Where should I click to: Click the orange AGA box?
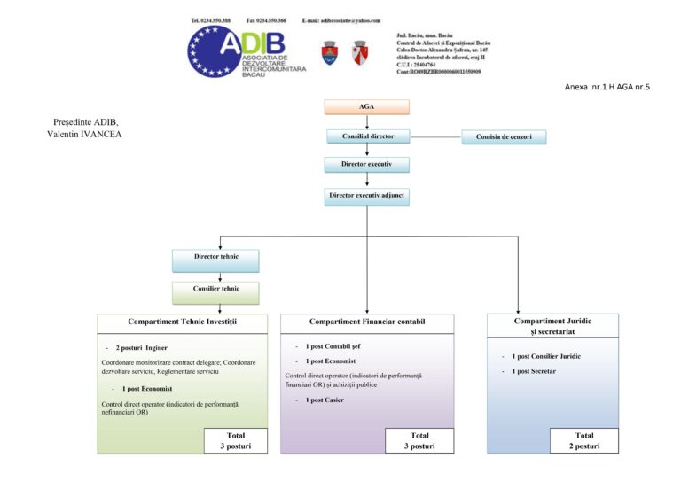tap(366, 106)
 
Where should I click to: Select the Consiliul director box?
tap(366, 136)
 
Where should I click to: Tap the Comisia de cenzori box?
tap(504, 136)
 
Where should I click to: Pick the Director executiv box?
tap(366, 165)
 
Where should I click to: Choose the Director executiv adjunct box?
tap(366, 195)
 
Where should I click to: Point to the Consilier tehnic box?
tap(217, 289)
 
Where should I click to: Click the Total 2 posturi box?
tap(584, 440)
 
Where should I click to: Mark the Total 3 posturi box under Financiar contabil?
tap(419, 440)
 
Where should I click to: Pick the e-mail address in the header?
tap(341, 19)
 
